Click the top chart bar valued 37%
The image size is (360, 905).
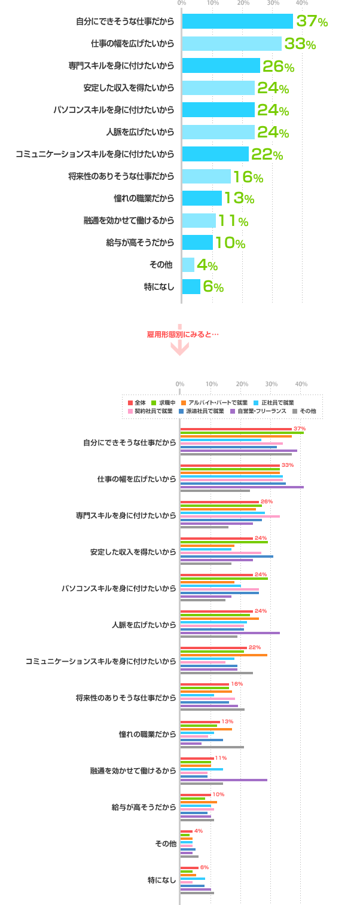[x=237, y=22]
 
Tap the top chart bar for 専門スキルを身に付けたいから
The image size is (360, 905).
[x=221, y=66]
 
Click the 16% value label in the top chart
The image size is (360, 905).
[x=248, y=177]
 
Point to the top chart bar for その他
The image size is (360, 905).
[x=188, y=264]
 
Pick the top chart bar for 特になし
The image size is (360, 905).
[x=191, y=286]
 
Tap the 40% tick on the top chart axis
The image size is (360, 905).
[x=301, y=4]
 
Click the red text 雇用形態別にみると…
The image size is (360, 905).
[x=183, y=334]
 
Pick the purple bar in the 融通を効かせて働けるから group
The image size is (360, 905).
[x=224, y=780]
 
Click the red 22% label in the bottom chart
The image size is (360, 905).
[x=255, y=647]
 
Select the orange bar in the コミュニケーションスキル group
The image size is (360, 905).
[x=224, y=655]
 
